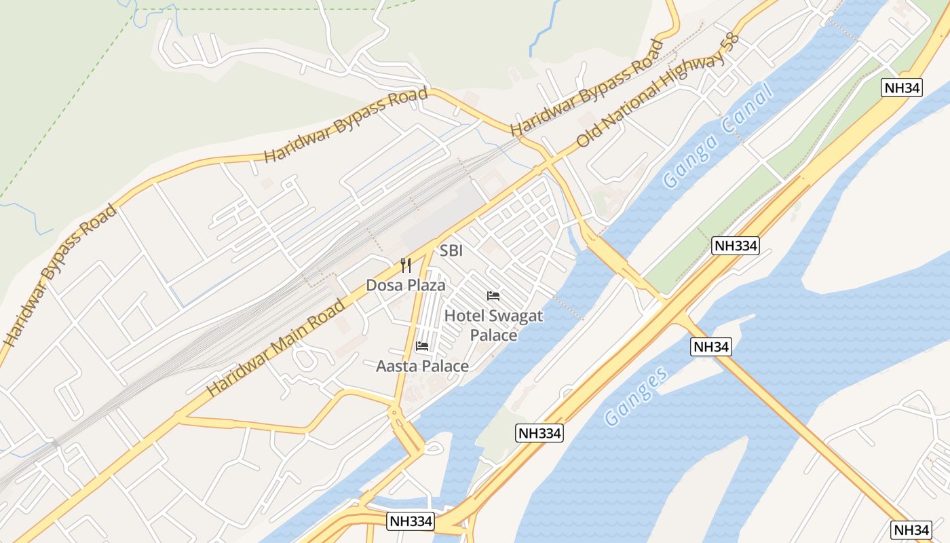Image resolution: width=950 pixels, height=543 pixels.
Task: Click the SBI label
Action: point(451,250)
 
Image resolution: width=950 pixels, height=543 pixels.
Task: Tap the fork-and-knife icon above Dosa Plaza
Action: point(406,265)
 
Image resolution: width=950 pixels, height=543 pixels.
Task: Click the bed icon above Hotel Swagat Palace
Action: point(493,296)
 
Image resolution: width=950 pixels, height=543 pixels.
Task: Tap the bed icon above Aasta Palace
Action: point(422,346)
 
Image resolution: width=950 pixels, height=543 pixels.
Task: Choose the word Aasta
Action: point(396,367)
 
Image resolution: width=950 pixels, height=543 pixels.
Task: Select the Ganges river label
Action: point(636,397)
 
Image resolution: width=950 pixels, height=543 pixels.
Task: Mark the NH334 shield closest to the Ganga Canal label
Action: point(735,246)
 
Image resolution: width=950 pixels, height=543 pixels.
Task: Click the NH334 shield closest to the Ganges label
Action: point(539,433)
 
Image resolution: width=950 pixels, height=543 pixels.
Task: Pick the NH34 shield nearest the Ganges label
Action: point(711,347)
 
